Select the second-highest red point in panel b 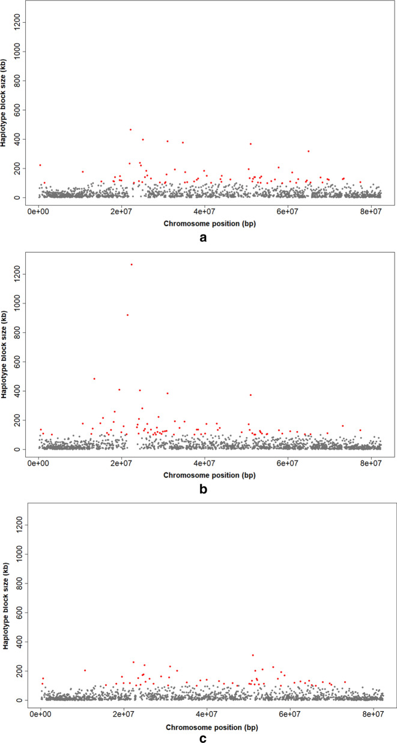[x=127, y=315]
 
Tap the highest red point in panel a [x=130, y=130]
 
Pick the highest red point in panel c [x=253, y=655]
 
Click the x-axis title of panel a [x=204, y=223]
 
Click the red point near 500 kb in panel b [x=94, y=378]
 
